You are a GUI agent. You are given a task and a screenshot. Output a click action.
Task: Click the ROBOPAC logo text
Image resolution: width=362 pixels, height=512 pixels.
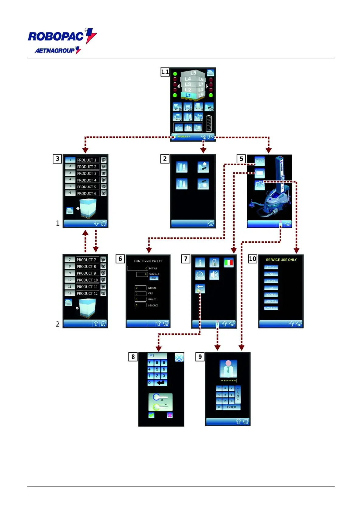point(56,36)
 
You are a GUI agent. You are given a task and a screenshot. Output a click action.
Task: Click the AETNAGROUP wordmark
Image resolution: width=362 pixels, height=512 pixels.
point(55,50)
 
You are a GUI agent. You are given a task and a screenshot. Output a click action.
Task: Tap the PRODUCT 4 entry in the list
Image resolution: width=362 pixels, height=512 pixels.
point(87,180)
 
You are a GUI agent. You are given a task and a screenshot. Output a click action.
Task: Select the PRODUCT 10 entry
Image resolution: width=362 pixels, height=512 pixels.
point(87,280)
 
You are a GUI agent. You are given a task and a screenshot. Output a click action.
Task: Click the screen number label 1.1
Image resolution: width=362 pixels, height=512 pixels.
point(165,72)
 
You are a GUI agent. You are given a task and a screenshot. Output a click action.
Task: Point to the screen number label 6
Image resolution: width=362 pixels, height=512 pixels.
point(120,259)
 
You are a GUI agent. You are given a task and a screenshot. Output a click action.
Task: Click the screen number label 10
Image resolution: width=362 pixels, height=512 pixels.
point(252,259)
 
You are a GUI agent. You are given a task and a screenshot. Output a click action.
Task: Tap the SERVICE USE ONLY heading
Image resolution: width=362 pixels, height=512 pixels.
point(281,260)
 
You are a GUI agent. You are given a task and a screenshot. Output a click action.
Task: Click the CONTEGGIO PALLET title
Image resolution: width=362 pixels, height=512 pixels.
point(148,261)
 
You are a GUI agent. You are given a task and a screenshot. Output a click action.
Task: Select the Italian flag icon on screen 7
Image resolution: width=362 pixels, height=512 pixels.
point(228,262)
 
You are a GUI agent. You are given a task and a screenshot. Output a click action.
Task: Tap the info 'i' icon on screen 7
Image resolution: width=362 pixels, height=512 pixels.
point(200,262)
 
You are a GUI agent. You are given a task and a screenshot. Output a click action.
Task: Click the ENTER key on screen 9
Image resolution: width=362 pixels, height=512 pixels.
point(231,407)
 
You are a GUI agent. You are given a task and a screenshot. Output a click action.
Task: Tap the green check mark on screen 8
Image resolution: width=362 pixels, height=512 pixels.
point(151,415)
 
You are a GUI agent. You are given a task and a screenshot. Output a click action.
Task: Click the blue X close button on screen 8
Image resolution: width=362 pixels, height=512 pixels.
point(179,357)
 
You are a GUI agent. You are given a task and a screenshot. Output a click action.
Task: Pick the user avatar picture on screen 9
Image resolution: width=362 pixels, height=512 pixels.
point(228,368)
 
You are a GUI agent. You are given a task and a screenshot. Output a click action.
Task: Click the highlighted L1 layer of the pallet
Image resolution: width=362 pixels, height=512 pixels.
point(188,95)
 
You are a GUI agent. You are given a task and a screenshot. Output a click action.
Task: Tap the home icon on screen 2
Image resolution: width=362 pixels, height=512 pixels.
point(211,223)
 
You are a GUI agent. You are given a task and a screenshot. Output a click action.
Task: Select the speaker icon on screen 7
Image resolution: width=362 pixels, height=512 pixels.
point(214,275)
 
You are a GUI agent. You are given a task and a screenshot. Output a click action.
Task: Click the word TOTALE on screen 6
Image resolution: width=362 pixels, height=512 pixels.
point(153,268)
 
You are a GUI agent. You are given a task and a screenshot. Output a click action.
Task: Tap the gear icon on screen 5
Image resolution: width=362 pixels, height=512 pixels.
point(259,185)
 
